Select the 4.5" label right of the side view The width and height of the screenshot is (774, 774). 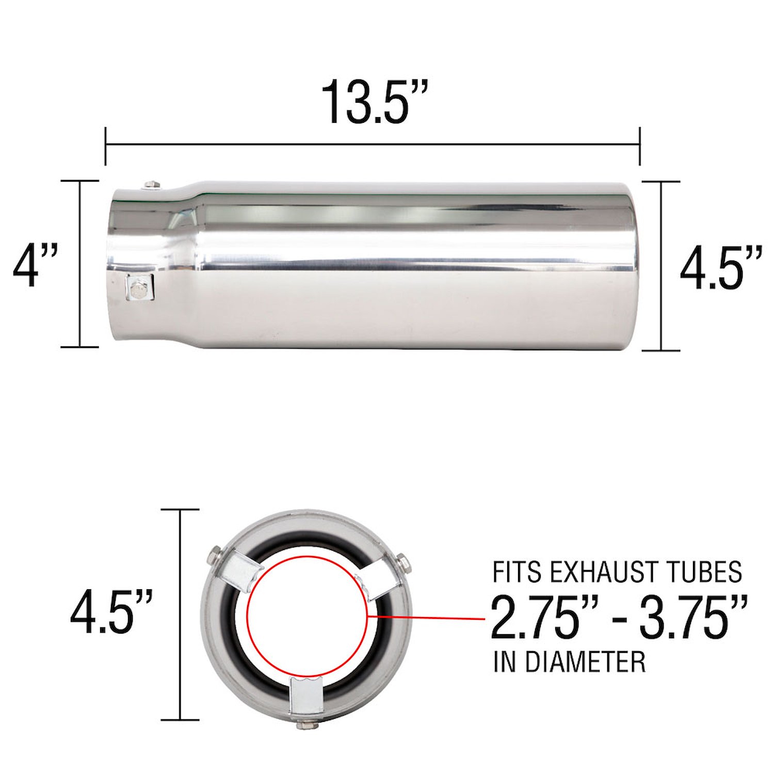[721, 268]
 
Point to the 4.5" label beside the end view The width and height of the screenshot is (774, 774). [111, 612]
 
